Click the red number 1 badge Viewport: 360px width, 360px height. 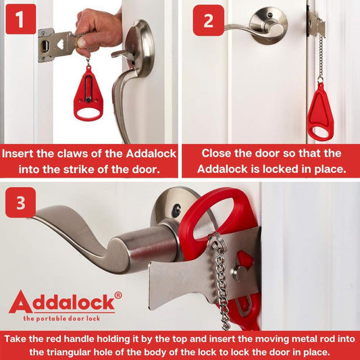[21, 19]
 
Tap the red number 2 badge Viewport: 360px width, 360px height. [209, 20]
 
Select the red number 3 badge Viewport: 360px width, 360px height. [21, 203]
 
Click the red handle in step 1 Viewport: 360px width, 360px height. [88, 94]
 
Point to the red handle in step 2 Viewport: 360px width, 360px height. [320, 113]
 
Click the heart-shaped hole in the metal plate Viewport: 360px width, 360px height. [60, 44]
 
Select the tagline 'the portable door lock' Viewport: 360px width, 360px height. [61, 318]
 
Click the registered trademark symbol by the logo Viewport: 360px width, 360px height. [118, 295]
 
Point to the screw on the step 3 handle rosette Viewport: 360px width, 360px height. [176, 210]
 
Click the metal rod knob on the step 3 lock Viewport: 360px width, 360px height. [238, 272]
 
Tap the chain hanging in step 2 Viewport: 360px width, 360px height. [321, 57]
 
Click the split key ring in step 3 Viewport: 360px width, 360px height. [217, 243]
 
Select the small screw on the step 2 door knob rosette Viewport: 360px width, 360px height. [270, 15]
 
